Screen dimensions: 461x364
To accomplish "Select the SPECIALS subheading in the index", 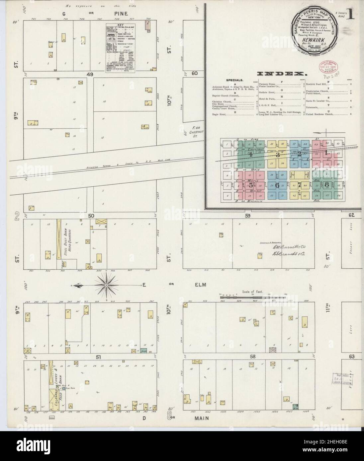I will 235,80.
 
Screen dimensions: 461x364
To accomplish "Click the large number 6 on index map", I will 277,185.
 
